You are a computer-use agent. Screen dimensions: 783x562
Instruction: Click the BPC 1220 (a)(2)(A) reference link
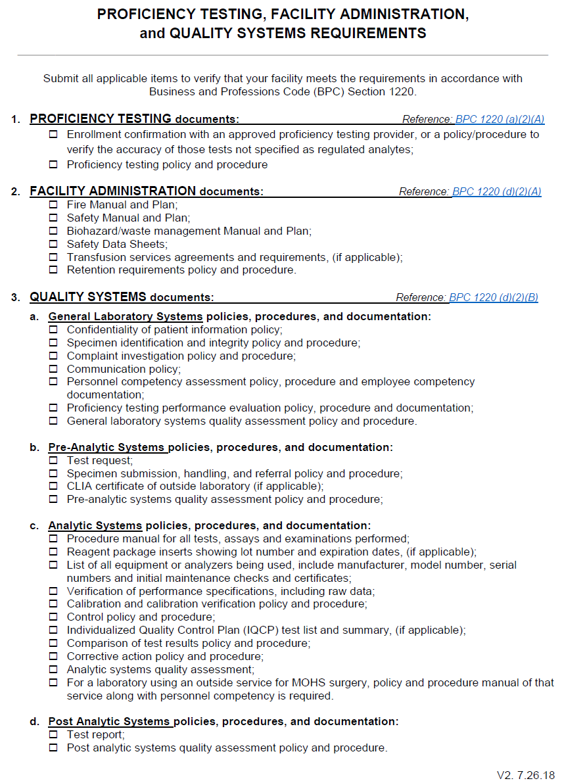[x=500, y=119]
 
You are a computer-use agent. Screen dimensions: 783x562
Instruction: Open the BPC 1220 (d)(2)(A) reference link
[x=496, y=191]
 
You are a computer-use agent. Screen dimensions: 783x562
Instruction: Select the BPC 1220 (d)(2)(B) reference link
[x=493, y=297]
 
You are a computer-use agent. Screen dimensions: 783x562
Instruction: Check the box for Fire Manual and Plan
[x=53, y=204]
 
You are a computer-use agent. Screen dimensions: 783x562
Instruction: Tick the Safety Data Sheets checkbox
[x=53, y=244]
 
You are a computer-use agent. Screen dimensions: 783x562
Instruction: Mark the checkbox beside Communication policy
[x=53, y=369]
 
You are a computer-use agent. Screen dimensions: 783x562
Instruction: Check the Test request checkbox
[x=53, y=460]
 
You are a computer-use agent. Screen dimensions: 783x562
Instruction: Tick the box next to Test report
[x=53, y=734]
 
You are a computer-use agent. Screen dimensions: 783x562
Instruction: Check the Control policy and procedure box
[x=53, y=617]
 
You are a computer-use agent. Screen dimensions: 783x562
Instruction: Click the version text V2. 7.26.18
[x=525, y=774]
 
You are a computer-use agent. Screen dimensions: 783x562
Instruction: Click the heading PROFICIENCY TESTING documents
[x=134, y=119]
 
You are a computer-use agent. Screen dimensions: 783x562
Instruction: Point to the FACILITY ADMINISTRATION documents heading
[x=146, y=191]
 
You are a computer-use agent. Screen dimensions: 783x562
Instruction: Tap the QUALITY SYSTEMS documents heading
[x=122, y=297]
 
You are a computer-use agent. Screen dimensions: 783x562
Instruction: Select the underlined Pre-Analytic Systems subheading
[x=106, y=447]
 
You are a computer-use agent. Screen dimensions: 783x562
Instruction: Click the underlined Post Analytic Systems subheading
[x=109, y=721]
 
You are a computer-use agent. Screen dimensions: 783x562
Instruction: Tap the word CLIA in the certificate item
[x=80, y=486]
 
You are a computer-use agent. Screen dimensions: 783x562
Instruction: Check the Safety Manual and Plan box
[x=53, y=218]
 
